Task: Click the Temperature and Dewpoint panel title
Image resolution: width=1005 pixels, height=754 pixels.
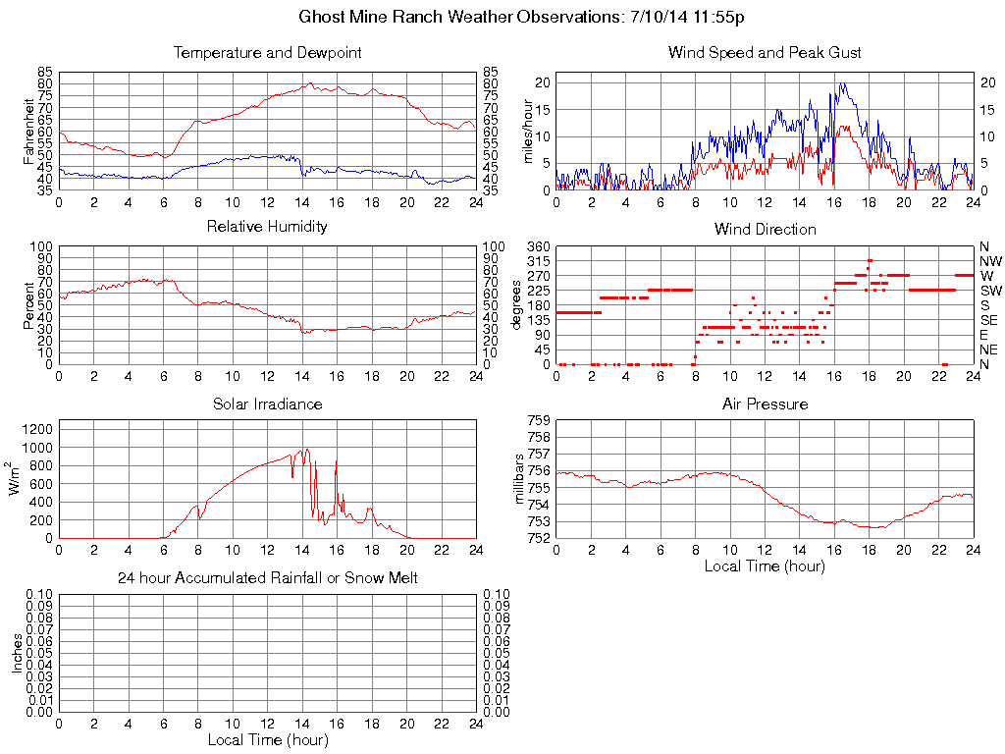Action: (267, 53)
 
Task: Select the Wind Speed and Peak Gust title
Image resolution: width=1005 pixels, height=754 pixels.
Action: (765, 53)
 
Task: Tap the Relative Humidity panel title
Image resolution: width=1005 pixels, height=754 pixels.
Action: (267, 227)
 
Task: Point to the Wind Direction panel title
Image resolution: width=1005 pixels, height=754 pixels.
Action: (765, 230)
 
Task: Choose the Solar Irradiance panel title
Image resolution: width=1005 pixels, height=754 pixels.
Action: (267, 404)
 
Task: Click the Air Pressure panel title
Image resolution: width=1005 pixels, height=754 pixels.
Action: (765, 404)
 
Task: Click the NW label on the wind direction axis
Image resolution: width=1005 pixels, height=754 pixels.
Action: (989, 261)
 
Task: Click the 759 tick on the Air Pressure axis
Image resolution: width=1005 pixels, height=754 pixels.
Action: (538, 421)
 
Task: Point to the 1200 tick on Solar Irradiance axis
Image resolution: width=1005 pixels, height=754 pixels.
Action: (38, 429)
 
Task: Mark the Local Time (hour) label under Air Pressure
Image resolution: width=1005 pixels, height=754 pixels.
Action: (765, 565)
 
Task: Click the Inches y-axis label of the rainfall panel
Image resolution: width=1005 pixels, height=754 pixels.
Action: (16, 652)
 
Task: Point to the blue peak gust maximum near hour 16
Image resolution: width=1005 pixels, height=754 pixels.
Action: (841, 83)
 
